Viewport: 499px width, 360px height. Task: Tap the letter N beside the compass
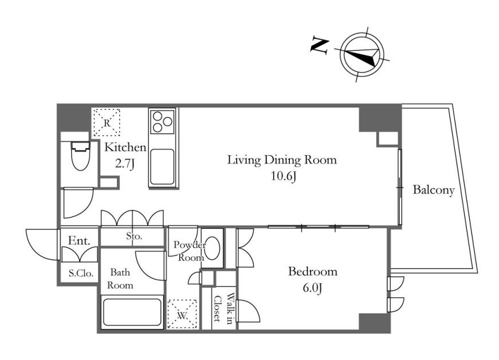319,45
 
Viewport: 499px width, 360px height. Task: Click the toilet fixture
80,156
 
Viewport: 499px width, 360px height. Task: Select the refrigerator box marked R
107,122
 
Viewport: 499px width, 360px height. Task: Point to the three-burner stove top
162,122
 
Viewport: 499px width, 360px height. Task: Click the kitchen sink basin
162,167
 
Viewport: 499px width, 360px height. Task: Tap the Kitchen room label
125,147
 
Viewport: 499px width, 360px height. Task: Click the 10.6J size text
284,176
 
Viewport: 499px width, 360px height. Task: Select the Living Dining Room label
282,160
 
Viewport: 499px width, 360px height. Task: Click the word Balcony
434,190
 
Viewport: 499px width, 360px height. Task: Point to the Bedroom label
312,272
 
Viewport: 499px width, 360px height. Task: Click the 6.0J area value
313,288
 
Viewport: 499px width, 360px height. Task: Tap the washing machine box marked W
182,314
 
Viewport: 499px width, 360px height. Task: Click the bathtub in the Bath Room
132,312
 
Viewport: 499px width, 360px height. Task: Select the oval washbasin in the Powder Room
213,248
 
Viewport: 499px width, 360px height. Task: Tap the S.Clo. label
81,273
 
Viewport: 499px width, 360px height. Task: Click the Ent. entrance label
79,241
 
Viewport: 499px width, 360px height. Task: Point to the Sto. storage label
134,236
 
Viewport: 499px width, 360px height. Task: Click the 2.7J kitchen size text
125,164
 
